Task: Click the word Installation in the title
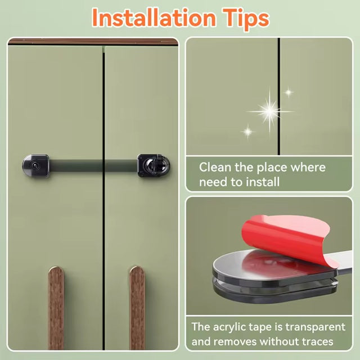click(x=154, y=17)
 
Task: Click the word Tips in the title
click(x=246, y=19)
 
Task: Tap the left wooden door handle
click(x=56, y=308)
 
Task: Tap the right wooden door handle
click(x=137, y=308)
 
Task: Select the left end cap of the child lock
click(x=36, y=166)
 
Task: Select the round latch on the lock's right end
click(x=154, y=165)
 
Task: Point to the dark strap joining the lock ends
click(x=93, y=166)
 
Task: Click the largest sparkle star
click(x=270, y=112)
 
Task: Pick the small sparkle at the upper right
click(x=289, y=92)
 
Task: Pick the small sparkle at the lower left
click(x=248, y=132)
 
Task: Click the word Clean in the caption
click(x=215, y=167)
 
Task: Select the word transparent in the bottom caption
click(x=315, y=327)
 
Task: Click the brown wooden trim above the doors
click(x=93, y=42)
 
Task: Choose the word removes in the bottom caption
click(x=235, y=342)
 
